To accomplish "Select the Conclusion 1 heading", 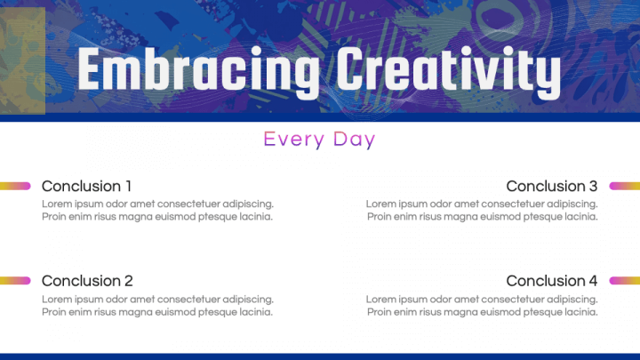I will tap(86, 186).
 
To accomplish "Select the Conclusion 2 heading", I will tap(87, 281).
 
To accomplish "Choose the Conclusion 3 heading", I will tap(551, 186).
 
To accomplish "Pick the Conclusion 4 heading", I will tap(551, 281).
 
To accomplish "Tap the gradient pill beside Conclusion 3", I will tap(624, 186).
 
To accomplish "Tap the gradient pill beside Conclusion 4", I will tap(624, 281).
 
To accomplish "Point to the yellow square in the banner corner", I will tap(22, 60).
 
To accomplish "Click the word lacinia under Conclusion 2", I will tap(253, 312).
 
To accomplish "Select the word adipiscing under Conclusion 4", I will tap(572, 300).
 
